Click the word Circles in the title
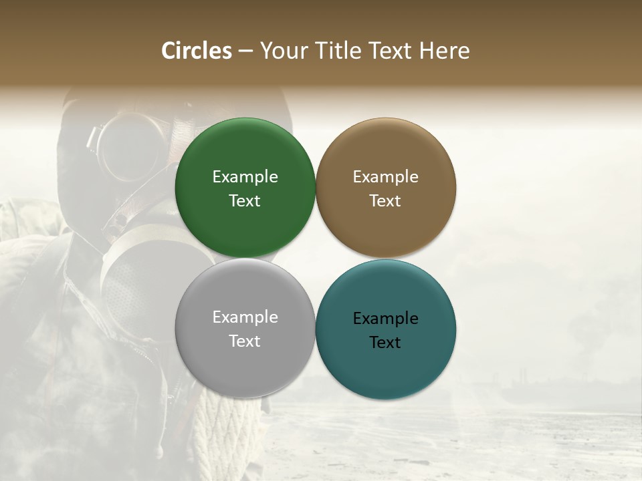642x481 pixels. (x=197, y=51)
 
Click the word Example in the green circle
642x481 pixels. (x=245, y=177)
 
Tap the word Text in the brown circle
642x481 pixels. (x=385, y=201)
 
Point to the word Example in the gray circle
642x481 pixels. (x=245, y=317)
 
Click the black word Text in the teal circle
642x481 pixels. (x=385, y=343)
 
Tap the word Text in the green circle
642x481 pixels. (x=245, y=201)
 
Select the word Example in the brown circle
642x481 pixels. (x=385, y=177)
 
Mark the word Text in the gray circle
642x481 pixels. (x=245, y=341)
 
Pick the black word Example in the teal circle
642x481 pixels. (x=385, y=319)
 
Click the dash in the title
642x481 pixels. (x=245, y=51)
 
